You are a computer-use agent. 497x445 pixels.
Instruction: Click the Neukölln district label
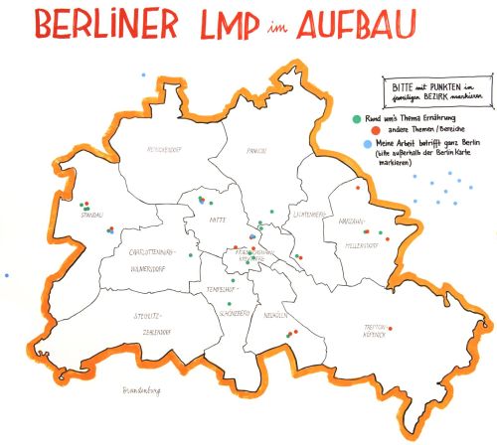277,314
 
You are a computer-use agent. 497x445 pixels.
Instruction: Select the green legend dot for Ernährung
357,119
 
